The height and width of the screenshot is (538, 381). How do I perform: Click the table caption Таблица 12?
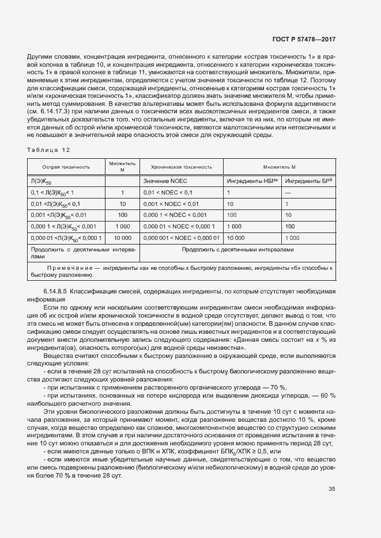[x=48, y=150]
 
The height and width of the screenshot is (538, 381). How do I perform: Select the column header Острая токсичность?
[x=66, y=167]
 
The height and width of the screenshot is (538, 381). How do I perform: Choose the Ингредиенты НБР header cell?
[x=252, y=181]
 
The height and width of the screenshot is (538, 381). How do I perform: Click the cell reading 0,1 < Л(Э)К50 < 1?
[x=53, y=193]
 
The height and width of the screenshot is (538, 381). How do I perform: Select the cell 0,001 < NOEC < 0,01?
[x=171, y=204]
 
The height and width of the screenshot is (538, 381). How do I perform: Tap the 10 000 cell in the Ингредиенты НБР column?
[x=237, y=238]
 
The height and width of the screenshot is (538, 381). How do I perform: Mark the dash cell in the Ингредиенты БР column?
[x=288, y=193]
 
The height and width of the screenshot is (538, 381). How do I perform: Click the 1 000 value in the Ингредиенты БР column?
[x=292, y=238]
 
